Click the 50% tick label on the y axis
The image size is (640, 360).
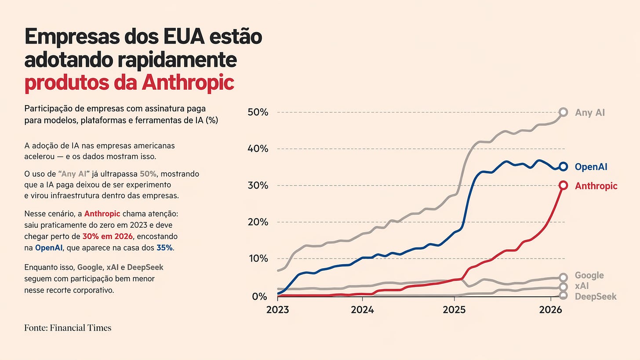tap(258, 112)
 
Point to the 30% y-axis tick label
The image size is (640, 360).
tap(258, 185)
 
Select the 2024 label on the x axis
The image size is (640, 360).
tap(362, 309)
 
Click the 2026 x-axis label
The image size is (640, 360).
tap(550, 309)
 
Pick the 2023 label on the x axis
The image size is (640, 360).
tap(278, 309)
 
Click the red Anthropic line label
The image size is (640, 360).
tap(596, 186)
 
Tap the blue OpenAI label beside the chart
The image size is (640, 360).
tap(591, 167)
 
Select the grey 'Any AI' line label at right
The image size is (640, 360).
tap(590, 113)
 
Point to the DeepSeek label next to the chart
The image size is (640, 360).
tap(596, 296)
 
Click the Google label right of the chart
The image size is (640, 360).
tap(589, 276)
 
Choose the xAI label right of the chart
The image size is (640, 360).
tap(582, 286)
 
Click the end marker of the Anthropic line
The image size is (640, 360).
tap(564, 185)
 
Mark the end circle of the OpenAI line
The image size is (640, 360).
tap(564, 167)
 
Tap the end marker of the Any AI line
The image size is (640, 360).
tap(564, 112)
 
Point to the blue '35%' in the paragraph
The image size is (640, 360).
tap(165, 248)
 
